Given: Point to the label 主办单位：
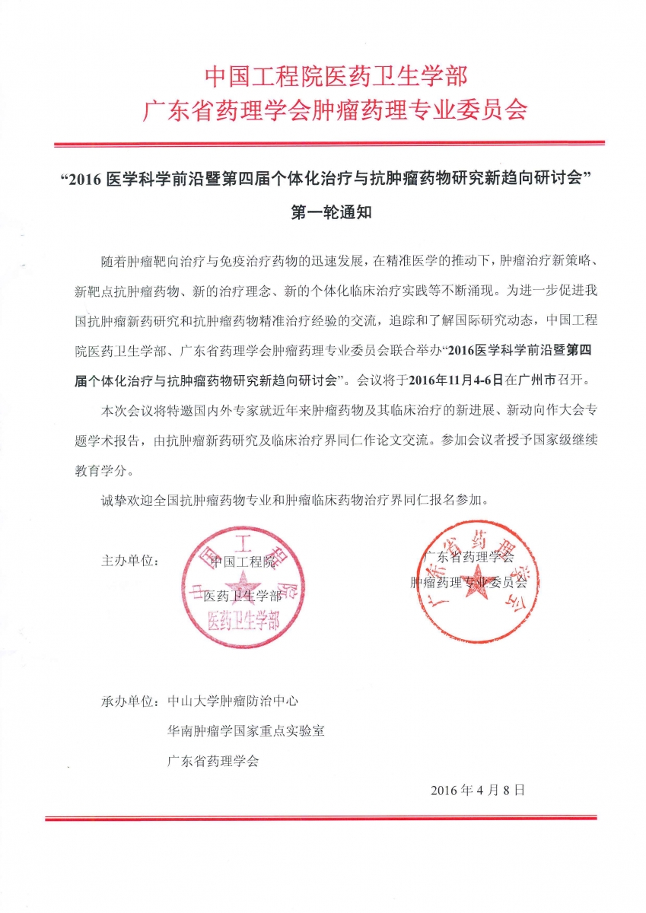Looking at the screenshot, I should click(130, 561).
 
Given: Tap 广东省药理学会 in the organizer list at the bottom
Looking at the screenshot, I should click(214, 761).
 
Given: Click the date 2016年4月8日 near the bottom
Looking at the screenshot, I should click(478, 790).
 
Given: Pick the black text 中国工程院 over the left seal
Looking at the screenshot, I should click(243, 562).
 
